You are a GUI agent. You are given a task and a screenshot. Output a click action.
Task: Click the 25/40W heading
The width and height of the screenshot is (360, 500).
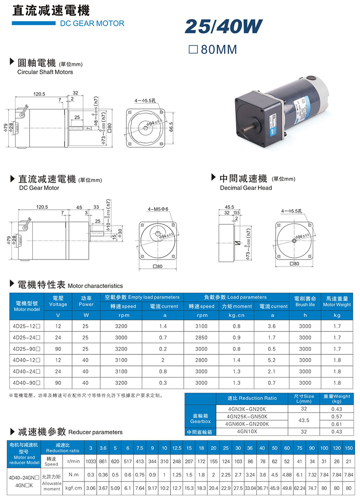coord(224,27)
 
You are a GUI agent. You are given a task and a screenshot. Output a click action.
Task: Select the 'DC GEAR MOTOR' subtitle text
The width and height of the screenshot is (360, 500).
coord(92,23)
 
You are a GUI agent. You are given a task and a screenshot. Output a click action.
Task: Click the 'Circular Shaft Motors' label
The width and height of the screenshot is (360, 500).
coord(45,72)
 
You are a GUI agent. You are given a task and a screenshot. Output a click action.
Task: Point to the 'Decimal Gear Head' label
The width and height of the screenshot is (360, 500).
coord(246,188)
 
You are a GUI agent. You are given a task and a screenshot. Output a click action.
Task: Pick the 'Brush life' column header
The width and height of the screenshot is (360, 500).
coord(305,305)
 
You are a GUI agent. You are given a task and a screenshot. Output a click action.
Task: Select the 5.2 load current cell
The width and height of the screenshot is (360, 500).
coord(271,360)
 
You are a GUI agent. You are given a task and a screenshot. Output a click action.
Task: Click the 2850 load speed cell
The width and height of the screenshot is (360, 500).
coord(201,338)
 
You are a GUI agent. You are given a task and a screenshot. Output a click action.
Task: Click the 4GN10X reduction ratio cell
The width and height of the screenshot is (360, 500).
coord(252,432)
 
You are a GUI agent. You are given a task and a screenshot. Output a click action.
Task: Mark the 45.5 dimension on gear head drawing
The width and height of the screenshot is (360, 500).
coord(229,207)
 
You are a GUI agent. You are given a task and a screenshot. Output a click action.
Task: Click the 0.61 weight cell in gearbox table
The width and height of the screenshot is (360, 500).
coord(337,424)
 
